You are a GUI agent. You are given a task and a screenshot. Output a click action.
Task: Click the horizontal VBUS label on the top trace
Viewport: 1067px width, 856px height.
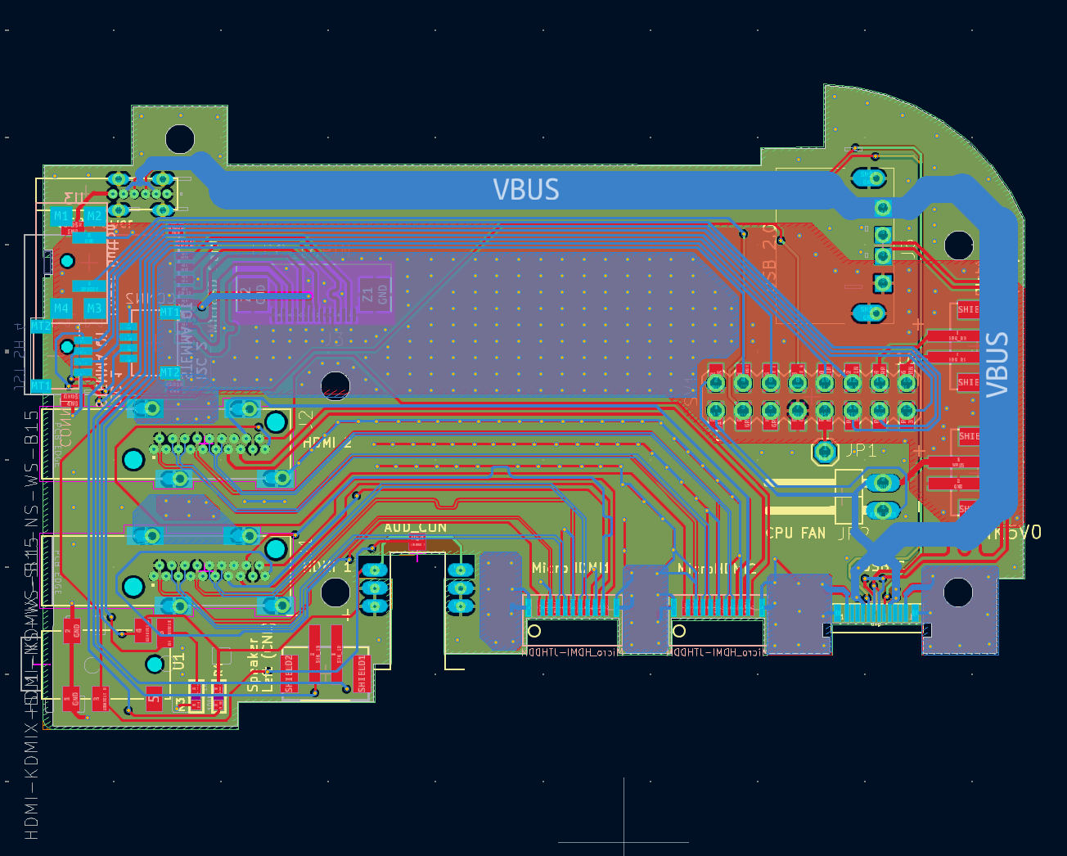click(x=526, y=190)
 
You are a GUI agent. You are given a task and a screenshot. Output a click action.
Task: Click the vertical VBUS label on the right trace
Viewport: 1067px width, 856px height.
click(x=997, y=364)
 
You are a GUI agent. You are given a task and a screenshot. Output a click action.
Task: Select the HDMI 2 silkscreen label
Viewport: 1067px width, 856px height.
click(x=327, y=443)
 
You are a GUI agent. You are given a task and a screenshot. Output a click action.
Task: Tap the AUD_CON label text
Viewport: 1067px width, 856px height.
click(x=416, y=528)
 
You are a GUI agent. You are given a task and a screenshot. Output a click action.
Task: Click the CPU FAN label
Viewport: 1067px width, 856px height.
click(x=795, y=533)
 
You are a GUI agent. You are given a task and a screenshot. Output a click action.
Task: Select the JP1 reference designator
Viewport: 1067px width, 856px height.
click(x=861, y=451)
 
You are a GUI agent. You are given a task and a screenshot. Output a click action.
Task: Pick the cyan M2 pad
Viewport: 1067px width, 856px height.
click(x=94, y=217)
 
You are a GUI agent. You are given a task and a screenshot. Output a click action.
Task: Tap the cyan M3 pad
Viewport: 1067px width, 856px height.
click(x=94, y=309)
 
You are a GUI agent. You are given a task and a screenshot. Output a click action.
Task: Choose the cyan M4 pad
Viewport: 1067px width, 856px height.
click(x=61, y=309)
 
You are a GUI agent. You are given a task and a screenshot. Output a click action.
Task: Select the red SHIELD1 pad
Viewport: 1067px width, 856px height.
click(x=362, y=674)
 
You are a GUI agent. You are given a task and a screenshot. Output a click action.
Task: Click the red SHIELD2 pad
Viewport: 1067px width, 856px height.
click(x=289, y=674)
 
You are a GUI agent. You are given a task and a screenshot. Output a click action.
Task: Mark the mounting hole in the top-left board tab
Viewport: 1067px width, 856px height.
click(x=180, y=139)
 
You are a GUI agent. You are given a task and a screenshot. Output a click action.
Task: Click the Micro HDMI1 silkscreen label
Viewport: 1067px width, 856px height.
click(x=570, y=567)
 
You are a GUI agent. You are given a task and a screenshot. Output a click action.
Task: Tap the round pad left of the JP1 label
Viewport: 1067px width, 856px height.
click(x=825, y=451)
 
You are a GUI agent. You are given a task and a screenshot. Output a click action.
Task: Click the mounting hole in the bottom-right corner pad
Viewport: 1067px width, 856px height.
click(x=958, y=592)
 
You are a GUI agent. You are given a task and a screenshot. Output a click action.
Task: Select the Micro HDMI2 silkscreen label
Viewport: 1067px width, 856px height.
click(x=716, y=567)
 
